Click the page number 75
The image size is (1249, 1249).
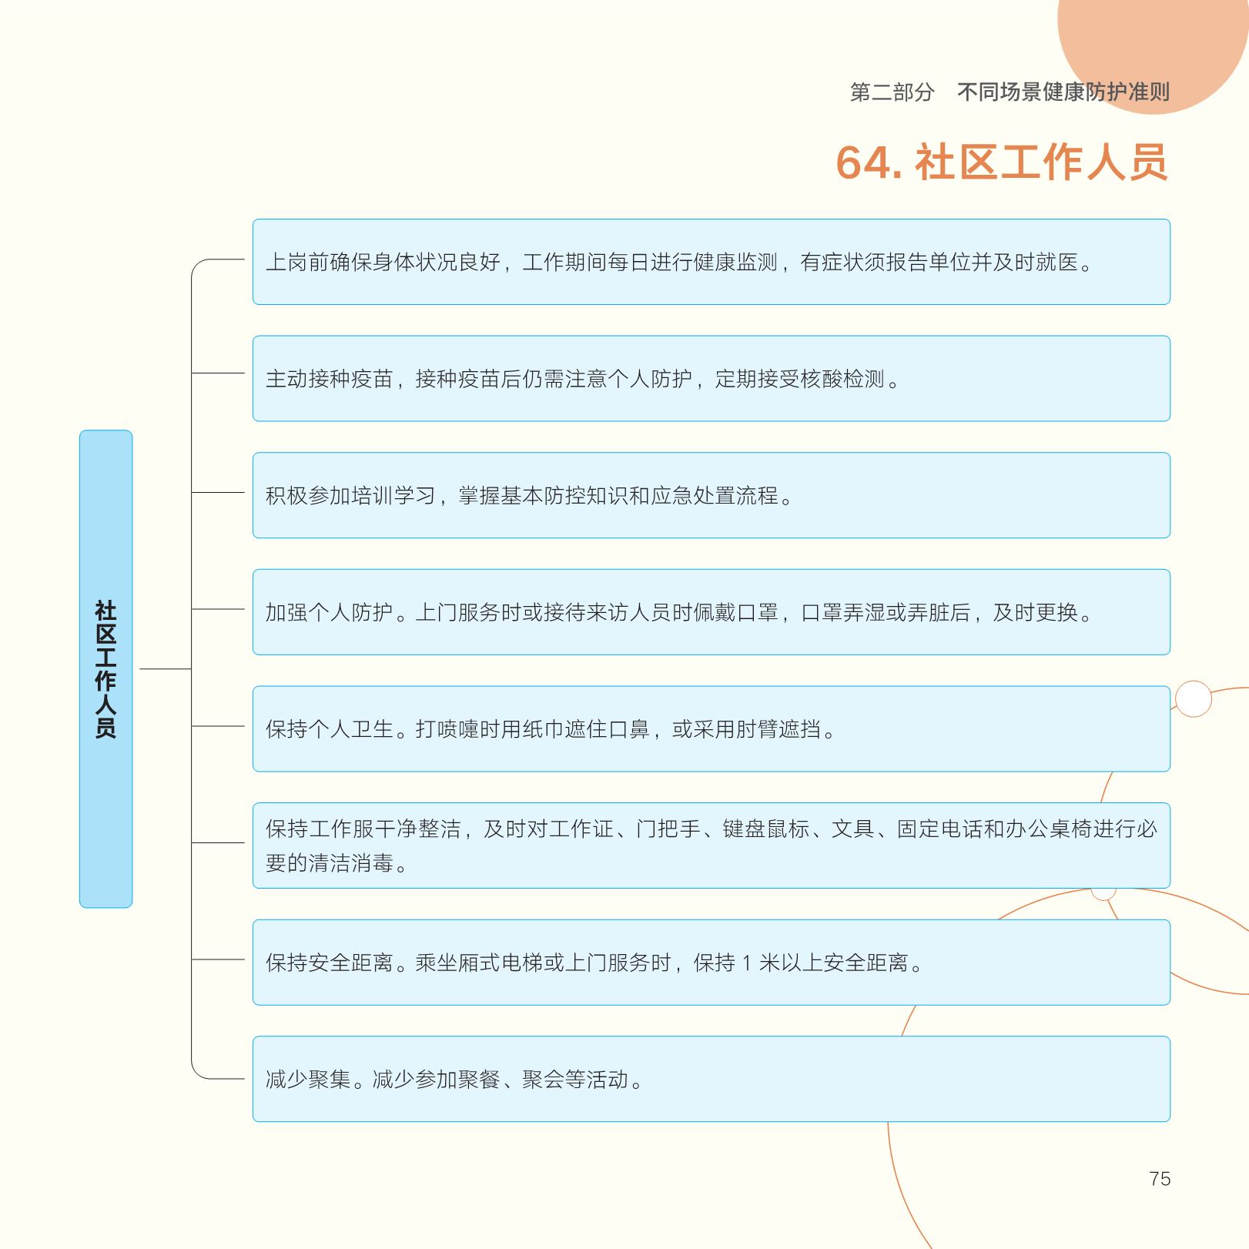[x=1159, y=1178]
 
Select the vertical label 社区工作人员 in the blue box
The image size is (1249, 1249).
[x=105, y=669]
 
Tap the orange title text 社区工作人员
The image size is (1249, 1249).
[x=1041, y=162]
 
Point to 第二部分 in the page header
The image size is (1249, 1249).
[x=892, y=92]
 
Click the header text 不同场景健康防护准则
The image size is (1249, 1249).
[x=1063, y=92]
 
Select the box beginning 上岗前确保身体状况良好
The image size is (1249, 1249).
[x=712, y=262]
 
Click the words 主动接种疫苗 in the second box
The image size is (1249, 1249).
[x=330, y=379]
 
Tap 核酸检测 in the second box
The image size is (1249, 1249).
[x=842, y=379]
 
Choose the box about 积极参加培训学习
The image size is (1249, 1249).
[x=712, y=495]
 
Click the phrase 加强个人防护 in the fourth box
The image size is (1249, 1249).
[x=330, y=612]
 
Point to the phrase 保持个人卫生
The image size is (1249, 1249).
[x=330, y=729]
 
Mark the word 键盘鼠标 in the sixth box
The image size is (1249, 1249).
[x=765, y=829]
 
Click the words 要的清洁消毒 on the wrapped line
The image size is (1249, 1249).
[x=330, y=862]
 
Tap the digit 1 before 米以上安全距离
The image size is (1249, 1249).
[x=746, y=963]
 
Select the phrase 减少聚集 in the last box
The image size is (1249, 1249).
[x=308, y=1080]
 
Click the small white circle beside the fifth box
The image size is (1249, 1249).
[x=1194, y=699]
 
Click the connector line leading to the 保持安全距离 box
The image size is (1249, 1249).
[x=218, y=959]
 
